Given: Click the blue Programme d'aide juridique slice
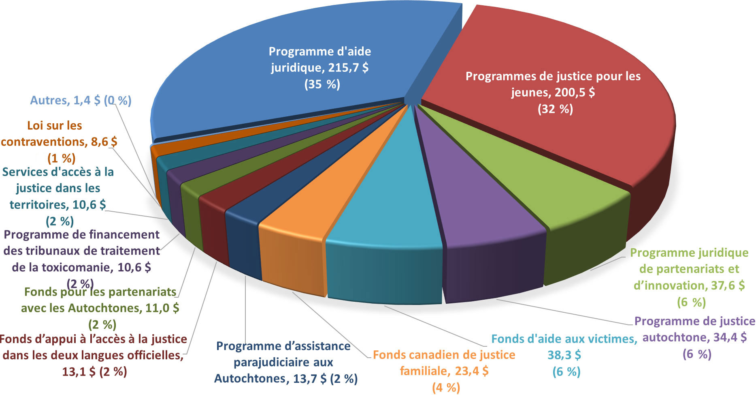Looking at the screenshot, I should click(x=243, y=101).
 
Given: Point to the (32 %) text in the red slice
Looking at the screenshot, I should click(x=555, y=109).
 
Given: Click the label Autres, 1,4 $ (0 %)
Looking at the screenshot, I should click(x=81, y=101).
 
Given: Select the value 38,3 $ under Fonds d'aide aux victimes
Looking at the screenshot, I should click(x=564, y=355).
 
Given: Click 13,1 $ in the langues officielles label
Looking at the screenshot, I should click(x=79, y=371).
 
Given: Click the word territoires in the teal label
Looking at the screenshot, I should click(x=39, y=205).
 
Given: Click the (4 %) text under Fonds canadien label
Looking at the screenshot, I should click(x=446, y=388).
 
